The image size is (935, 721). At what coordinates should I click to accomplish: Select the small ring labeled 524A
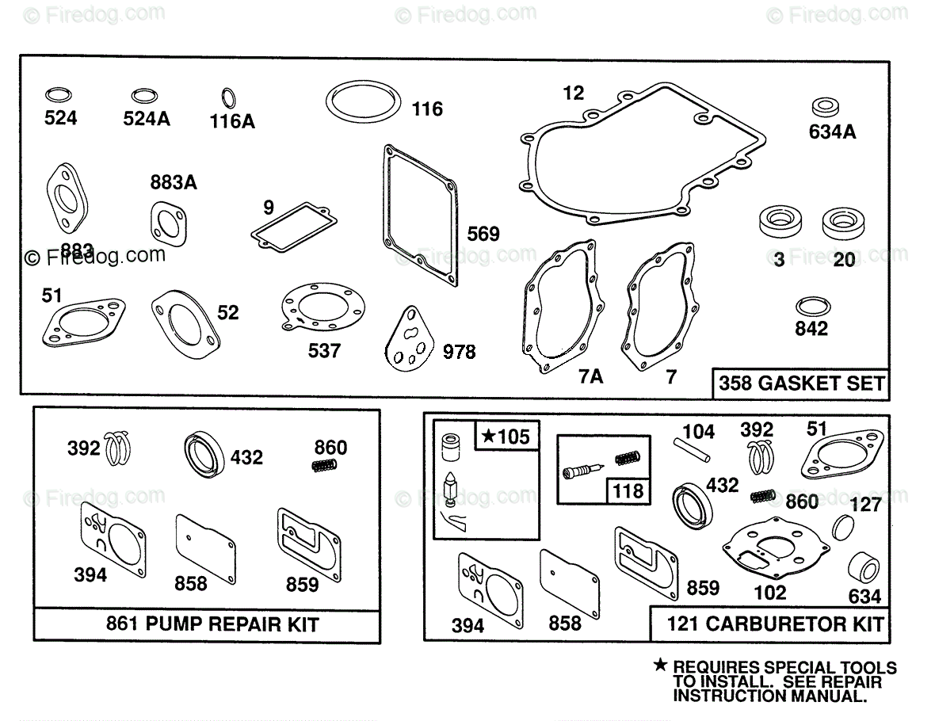click(x=144, y=92)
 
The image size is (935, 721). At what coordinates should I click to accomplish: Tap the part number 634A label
click(x=832, y=132)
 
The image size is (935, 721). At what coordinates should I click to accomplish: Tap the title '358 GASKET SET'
click(x=801, y=383)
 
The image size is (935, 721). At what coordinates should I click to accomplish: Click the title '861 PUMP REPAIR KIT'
click(x=212, y=624)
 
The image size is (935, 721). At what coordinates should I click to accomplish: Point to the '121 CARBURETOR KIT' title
click(x=775, y=624)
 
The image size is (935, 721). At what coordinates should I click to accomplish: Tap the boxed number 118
click(x=628, y=490)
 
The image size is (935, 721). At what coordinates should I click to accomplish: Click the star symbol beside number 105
click(x=488, y=435)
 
